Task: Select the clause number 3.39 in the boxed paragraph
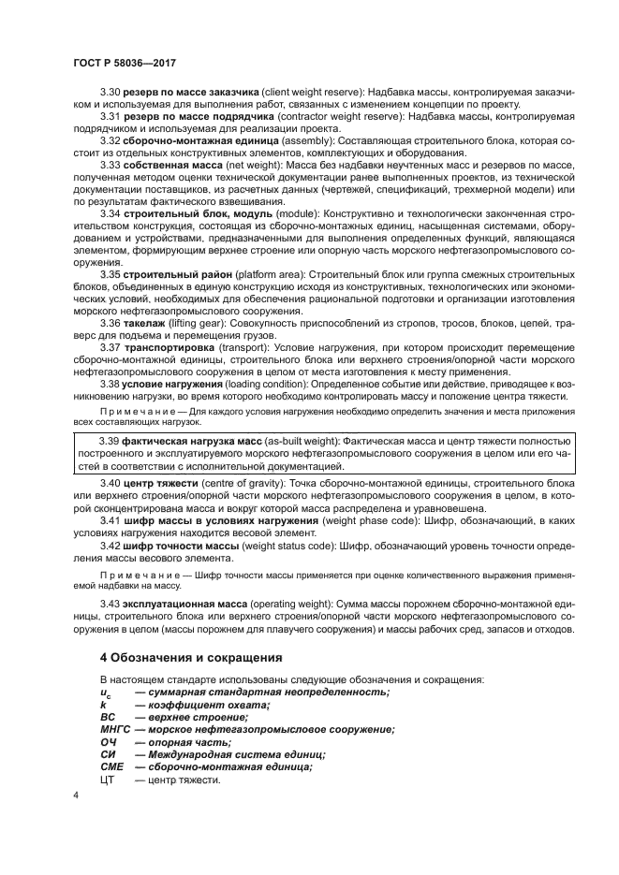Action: (x=111, y=441)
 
